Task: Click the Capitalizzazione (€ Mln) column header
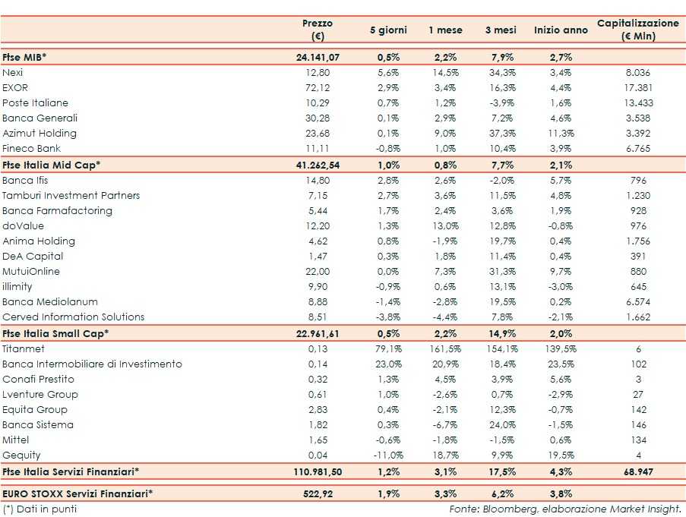pyautogui.click(x=638, y=30)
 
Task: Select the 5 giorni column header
pyautogui.click(x=388, y=30)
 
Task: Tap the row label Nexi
pyautogui.click(x=13, y=72)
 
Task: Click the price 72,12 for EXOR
pyautogui.click(x=318, y=87)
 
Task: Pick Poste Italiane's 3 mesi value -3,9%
pyautogui.click(x=501, y=102)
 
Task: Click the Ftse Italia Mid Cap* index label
pyautogui.click(x=52, y=164)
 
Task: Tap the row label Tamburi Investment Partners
pyautogui.click(x=71, y=195)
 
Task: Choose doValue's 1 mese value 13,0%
pyautogui.click(x=445, y=225)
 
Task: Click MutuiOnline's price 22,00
pyautogui.click(x=318, y=271)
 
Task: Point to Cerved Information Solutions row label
pyautogui.click(x=73, y=317)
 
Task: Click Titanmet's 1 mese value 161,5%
pyautogui.click(x=445, y=348)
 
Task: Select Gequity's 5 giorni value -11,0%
pyautogui.click(x=388, y=455)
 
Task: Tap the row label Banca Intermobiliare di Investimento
pyautogui.click(x=92, y=364)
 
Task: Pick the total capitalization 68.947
pyautogui.click(x=638, y=472)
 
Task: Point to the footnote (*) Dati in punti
pyautogui.click(x=40, y=509)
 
